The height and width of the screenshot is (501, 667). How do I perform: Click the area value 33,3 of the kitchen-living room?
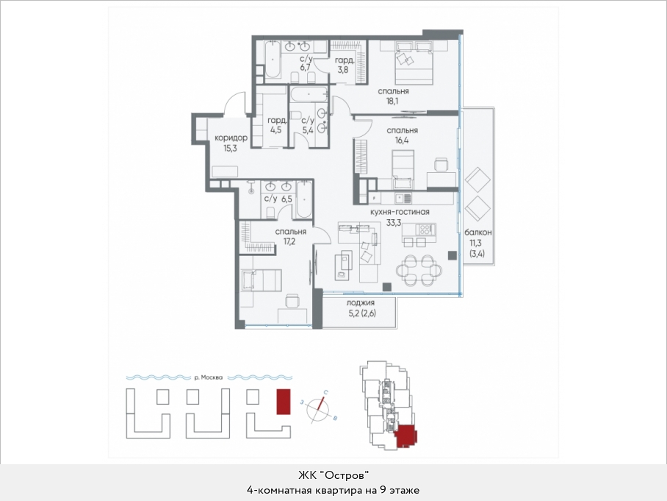point(394,222)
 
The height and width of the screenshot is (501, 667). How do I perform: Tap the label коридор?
point(231,138)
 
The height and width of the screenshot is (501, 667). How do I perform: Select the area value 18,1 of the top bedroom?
point(392,102)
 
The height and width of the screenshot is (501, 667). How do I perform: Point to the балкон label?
point(478,232)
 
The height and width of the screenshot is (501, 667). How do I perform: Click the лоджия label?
point(360,303)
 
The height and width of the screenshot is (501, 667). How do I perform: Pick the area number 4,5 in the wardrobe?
point(275,130)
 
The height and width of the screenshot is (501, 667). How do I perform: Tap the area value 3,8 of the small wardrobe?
point(343,69)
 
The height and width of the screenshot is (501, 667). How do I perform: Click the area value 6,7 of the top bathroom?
point(306,68)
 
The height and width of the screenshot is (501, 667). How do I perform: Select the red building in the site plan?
point(284,401)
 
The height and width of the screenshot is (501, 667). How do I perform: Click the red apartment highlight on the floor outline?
point(405,436)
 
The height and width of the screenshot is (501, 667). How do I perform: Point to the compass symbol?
point(319,408)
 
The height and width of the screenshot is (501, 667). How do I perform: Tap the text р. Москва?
point(208,377)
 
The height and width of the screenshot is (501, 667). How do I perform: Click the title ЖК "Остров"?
point(333,475)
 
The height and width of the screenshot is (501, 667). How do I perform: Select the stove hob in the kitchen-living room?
point(425,230)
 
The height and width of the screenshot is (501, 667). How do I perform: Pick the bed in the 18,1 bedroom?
point(414,63)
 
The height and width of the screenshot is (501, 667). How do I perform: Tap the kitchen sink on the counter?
point(403,198)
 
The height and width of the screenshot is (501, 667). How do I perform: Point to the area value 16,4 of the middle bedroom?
point(402,141)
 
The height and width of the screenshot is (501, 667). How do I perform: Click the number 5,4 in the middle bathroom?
point(308,130)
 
